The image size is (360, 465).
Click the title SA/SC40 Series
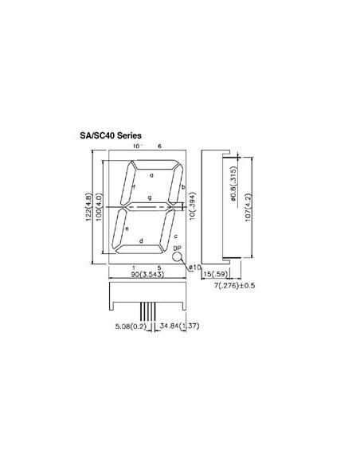pos(111,136)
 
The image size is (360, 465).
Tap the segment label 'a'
pos(151,174)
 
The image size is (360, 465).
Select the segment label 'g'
pos(149,197)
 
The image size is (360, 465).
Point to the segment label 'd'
pos(141,241)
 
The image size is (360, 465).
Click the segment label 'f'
pos(134,187)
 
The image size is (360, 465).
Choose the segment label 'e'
pos(127,229)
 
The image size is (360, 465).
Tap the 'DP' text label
pos(177,248)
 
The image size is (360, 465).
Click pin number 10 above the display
pos(135,147)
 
